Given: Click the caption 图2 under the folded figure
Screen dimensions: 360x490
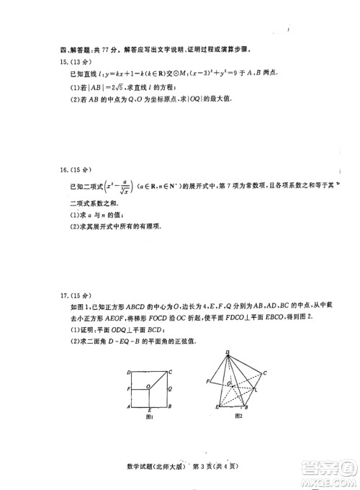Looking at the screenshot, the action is pyautogui.click(x=238, y=416).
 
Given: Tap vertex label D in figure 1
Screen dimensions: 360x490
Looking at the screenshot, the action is pyautogui.click(x=127, y=372).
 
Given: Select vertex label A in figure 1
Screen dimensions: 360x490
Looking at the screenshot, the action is pyautogui.click(x=127, y=407).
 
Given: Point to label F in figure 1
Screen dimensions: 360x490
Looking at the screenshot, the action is pyautogui.click(x=127, y=389).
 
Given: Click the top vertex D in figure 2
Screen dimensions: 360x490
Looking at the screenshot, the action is pyautogui.click(x=228, y=352).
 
